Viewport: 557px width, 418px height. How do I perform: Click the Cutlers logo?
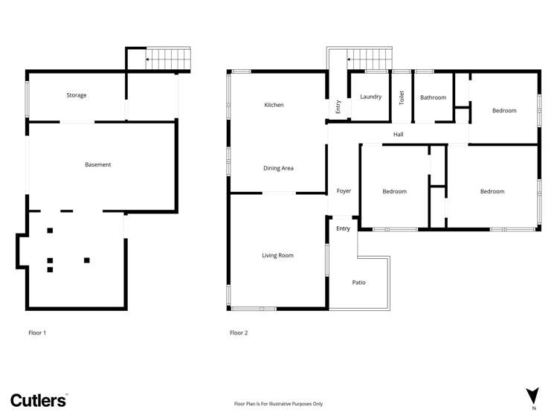coord(39,400)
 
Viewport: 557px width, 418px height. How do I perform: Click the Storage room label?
coord(77,95)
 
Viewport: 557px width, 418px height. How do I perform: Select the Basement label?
coord(97,164)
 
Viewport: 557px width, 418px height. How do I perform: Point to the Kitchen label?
coord(274,105)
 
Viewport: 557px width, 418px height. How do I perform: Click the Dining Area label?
coord(278,168)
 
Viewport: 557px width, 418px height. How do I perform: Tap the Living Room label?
coord(277,255)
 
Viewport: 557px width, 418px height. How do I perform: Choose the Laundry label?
coord(370,97)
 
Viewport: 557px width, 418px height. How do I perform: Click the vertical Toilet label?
coord(402,97)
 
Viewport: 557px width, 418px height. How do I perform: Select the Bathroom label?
coord(433,97)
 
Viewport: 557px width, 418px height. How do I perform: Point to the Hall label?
coord(398,135)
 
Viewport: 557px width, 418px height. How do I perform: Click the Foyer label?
coord(344,191)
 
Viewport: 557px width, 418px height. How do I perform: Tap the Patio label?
coord(358,282)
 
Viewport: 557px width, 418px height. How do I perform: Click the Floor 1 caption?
coord(37,332)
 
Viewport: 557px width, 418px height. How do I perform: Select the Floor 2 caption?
coord(239,332)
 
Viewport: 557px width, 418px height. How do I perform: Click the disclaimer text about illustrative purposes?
coord(278,404)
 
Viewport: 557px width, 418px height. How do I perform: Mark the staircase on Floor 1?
coord(167,57)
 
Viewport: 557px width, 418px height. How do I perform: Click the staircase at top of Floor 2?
coord(369,57)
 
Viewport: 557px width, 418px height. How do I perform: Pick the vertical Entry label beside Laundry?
coord(338,106)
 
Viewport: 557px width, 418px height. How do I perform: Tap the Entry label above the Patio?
coord(343,228)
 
